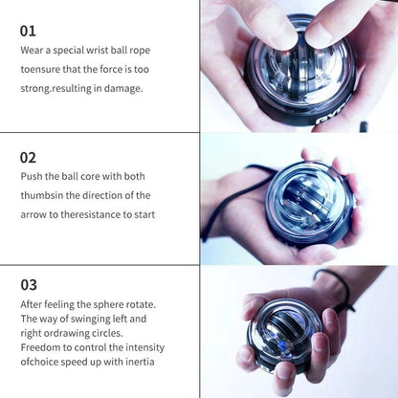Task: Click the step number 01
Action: [28, 30]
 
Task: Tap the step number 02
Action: [29, 156]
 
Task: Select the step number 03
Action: [29, 284]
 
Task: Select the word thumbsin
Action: [44, 195]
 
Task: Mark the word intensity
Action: [131, 347]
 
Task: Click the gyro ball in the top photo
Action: [298, 67]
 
